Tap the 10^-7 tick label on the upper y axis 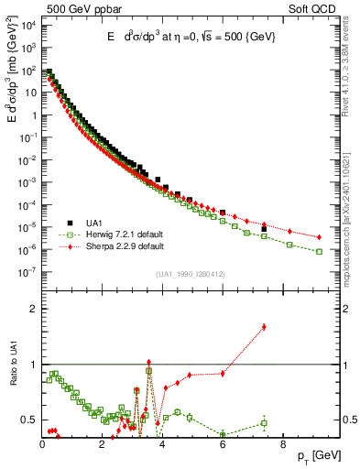[27, 271]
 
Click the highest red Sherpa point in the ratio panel [264, 326]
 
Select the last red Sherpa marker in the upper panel [319, 237]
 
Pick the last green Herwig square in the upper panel [319, 251]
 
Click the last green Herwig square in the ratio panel [264, 422]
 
